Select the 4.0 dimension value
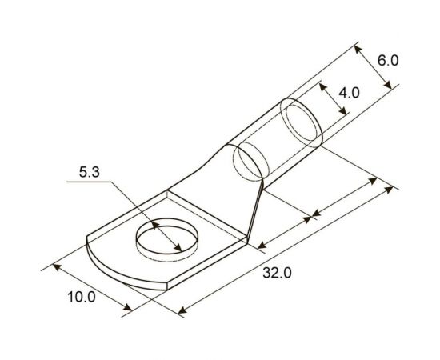349,93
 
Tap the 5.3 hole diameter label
90,172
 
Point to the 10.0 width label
81,297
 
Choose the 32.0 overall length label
278,273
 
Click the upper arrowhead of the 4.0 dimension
322,85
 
